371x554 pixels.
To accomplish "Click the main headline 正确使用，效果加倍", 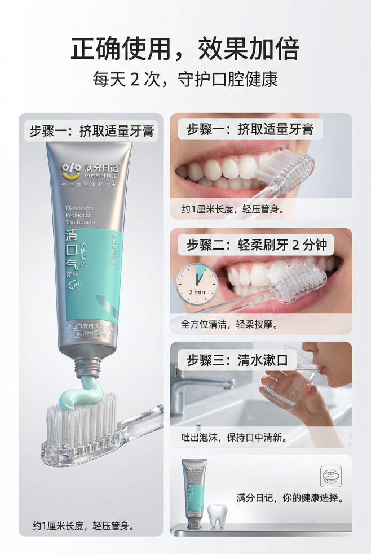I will click(x=185, y=49).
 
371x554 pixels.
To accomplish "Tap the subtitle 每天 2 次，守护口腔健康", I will click(x=185, y=79).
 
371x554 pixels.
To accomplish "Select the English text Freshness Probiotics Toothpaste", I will click(x=79, y=215).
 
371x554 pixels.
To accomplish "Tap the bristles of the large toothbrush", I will click(x=85, y=421).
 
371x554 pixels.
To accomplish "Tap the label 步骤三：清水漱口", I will click(x=237, y=360).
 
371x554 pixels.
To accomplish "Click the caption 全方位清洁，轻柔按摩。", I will click(x=229, y=325).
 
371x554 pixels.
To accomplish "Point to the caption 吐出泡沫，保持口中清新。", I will click(x=234, y=438).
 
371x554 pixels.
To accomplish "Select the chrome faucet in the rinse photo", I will click(x=197, y=384).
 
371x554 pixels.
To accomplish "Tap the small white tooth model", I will click(x=217, y=514).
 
